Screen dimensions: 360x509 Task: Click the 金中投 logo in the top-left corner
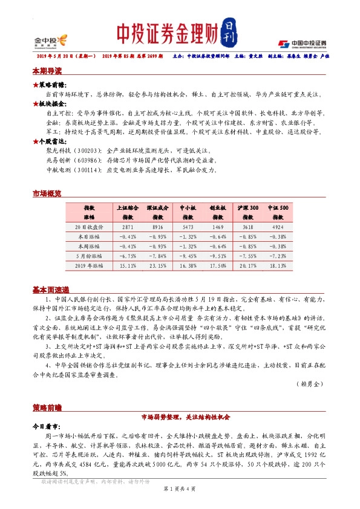pyautogui.click(x=47, y=41)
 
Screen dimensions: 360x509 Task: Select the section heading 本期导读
pyautogui.click(x=47, y=71)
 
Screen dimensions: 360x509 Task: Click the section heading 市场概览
pyautogui.click(x=47, y=193)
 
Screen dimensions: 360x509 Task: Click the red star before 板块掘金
pyautogui.click(x=36, y=104)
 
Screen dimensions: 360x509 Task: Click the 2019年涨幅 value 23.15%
pyautogui.click(x=157, y=265)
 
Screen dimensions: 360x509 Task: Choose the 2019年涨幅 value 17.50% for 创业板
pyautogui.click(x=218, y=265)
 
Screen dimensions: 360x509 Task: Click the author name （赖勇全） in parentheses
pyautogui.click(x=311, y=384)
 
